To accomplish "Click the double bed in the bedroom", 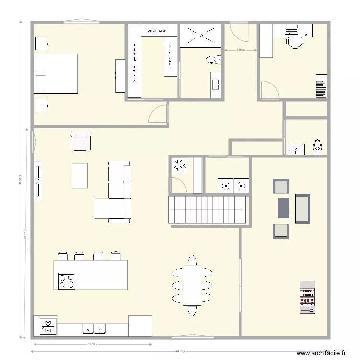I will coord(56,73).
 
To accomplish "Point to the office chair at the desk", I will coord(295,43).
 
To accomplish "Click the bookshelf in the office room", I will coord(321,86).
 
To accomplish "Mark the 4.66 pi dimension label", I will coord(240,49).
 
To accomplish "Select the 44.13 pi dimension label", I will coord(180,351).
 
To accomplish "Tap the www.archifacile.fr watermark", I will coord(321,352).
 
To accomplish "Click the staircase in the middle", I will coord(208,210).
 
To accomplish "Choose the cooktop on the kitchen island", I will coord(66,281).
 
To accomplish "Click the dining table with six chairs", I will coord(192,286).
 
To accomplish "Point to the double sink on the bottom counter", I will coord(94,328).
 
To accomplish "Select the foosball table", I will coord(307,297).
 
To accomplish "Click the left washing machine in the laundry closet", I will coord(226,185).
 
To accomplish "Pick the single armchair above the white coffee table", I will coord(80,141).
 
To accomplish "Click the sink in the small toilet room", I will coord(296,149).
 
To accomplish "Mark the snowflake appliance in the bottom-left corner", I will coord(48,326).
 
